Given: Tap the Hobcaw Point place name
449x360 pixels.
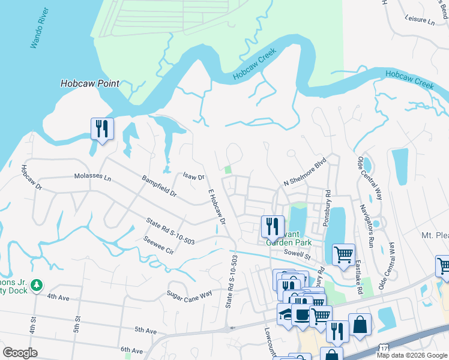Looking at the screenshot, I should (89, 84).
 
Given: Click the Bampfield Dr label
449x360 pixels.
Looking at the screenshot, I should (159, 186).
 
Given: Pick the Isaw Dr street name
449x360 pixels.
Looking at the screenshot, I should (193, 177).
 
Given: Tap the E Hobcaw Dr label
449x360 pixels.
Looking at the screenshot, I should (216, 208).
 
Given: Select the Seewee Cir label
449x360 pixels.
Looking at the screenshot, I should (158, 245).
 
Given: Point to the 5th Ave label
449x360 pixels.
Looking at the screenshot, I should (145, 330).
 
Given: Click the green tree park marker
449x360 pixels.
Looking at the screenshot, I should (37, 284).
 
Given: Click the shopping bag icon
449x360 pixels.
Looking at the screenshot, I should (360, 325).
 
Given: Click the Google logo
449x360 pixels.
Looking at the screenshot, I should (20, 353).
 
